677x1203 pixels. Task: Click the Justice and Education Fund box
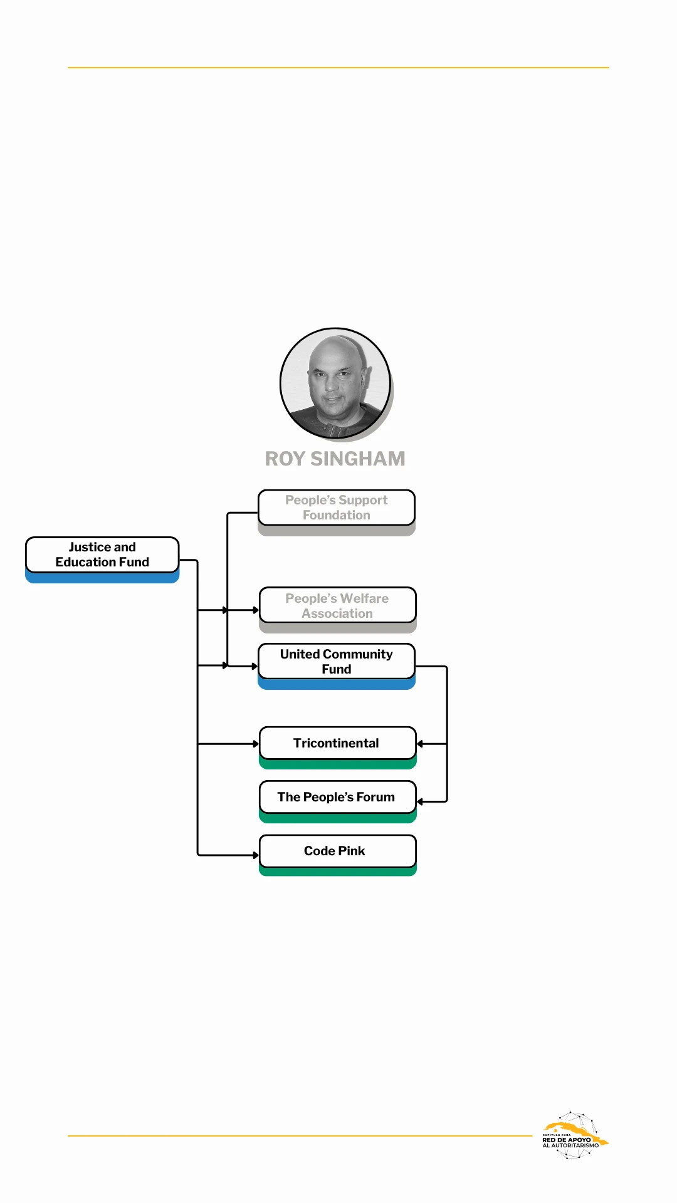102,555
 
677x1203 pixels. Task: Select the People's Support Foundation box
337,508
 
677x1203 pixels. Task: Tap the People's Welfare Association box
337,605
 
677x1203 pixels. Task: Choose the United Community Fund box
337,662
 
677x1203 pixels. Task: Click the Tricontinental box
337,743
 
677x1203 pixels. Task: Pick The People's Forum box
337,797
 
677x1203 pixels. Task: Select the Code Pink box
337,851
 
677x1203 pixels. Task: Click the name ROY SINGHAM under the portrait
335,459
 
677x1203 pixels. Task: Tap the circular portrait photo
335,383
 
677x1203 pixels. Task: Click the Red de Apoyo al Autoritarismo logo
574,1135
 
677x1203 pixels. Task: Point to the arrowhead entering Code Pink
256,855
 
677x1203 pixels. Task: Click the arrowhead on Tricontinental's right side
420,744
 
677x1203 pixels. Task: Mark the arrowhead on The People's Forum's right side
420,801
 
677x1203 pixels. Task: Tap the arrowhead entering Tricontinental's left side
256,744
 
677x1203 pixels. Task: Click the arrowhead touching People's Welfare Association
256,610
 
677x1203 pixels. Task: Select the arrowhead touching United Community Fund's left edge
255,666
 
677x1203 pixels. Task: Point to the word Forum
375,797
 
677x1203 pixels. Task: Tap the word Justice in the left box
85,547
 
